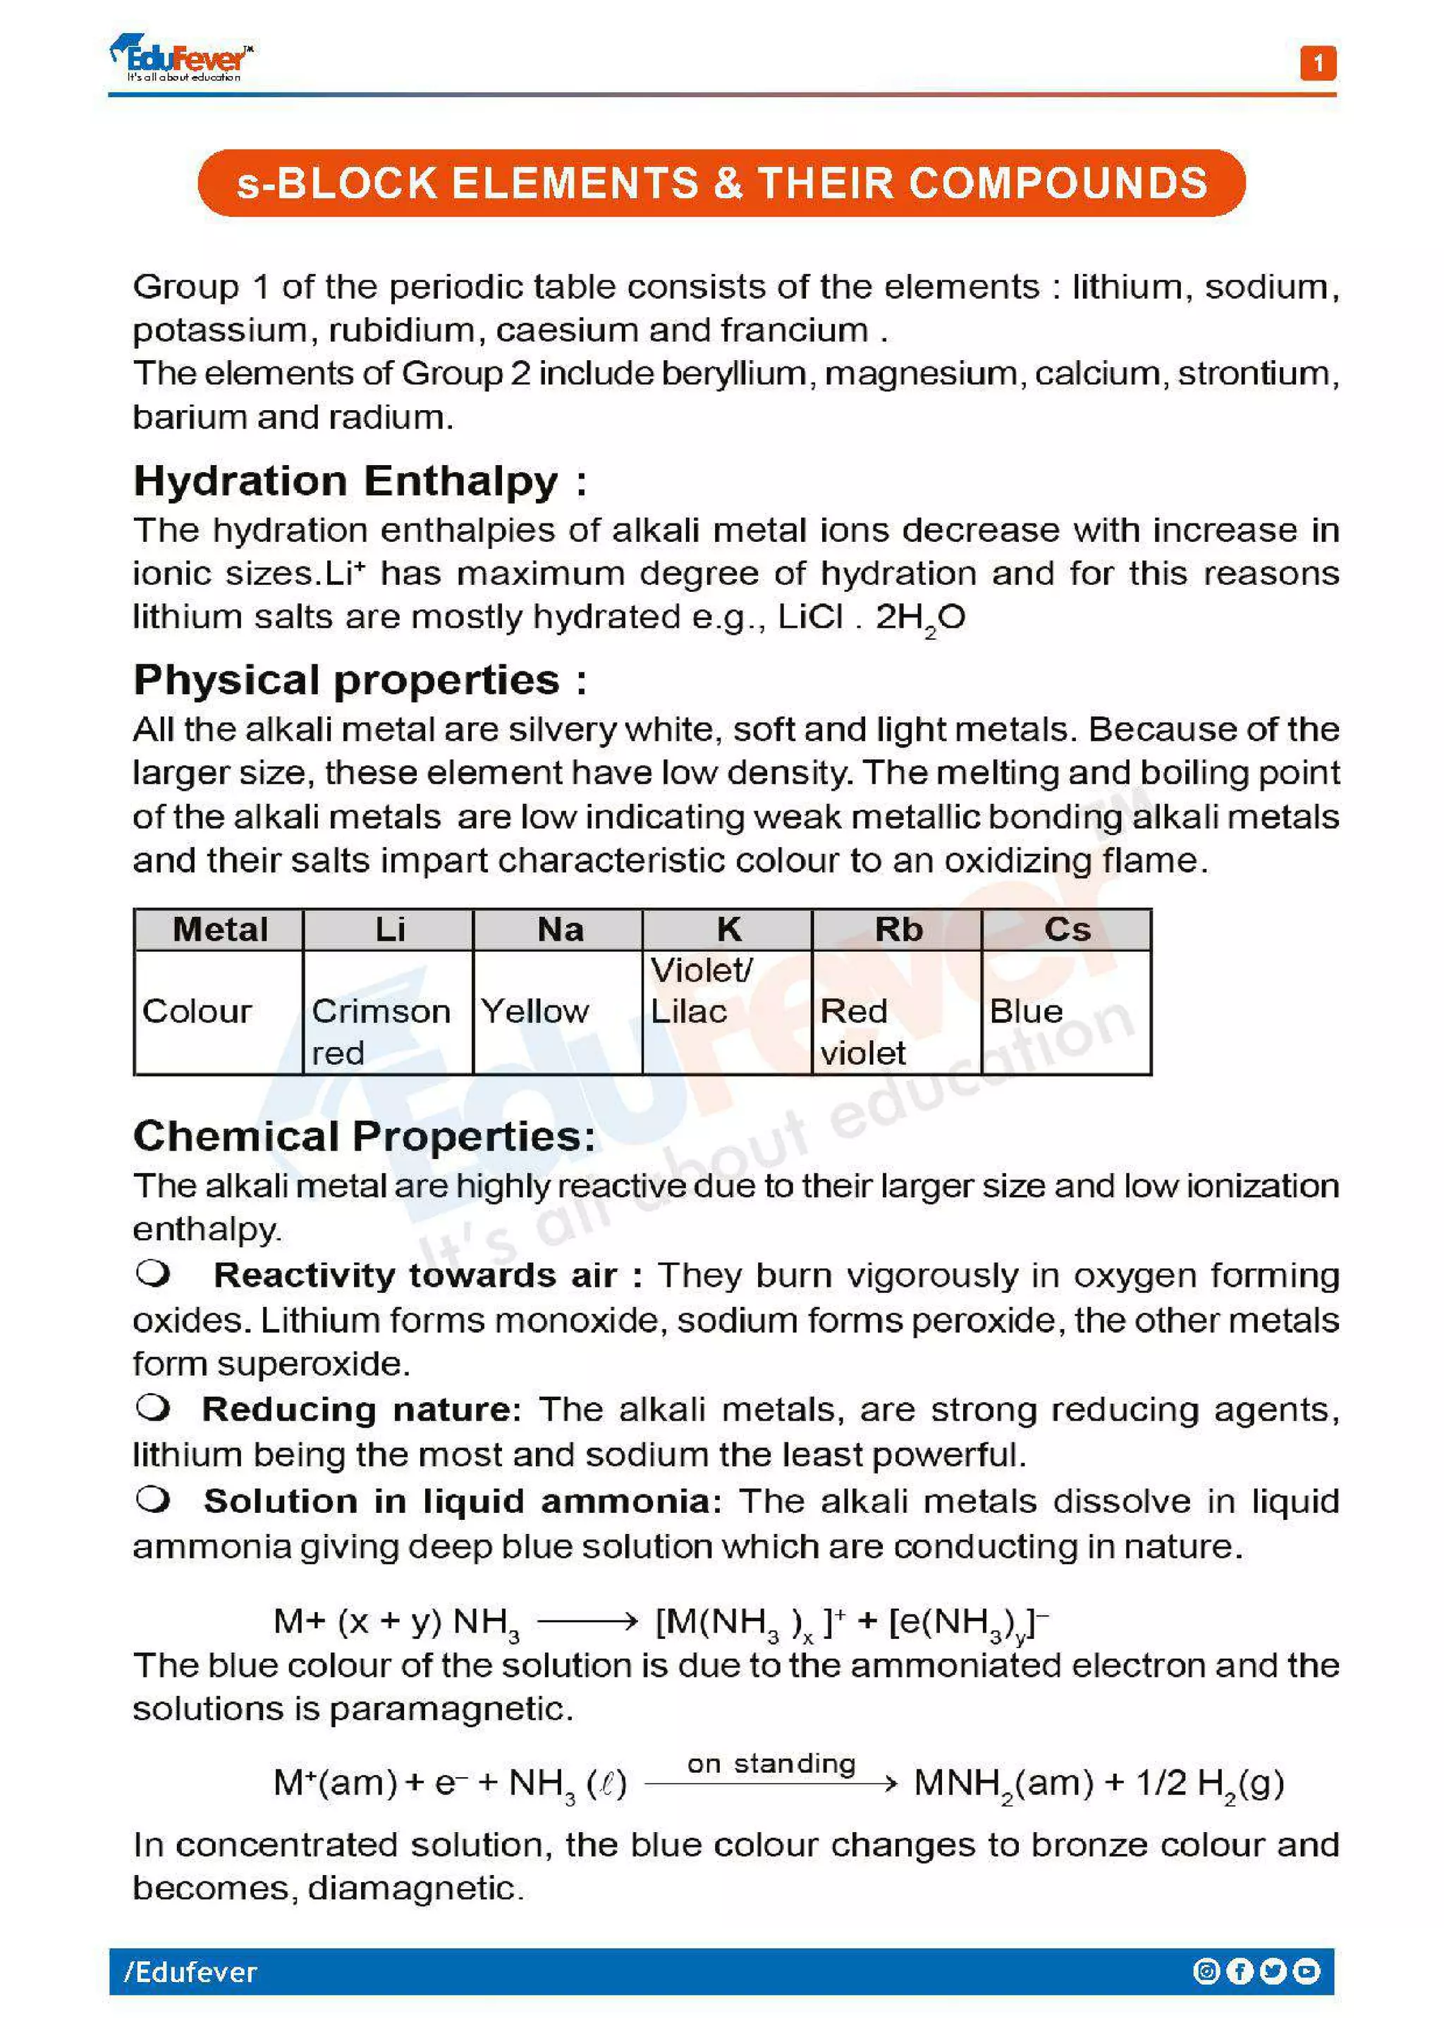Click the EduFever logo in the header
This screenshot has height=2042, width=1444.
(x=183, y=58)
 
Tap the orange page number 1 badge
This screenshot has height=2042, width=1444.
(x=1318, y=63)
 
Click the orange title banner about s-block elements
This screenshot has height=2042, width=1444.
(x=721, y=182)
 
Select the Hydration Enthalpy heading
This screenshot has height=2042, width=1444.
(x=360, y=481)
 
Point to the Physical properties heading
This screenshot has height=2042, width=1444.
(x=360, y=681)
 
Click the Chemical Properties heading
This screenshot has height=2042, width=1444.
(x=364, y=1136)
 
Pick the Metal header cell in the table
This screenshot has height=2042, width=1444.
(x=219, y=929)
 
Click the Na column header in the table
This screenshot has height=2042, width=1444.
(x=560, y=929)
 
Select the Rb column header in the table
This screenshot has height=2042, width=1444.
(x=898, y=929)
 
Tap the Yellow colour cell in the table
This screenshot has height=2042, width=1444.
(x=534, y=1011)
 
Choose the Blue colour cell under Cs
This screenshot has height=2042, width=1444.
(x=1026, y=1011)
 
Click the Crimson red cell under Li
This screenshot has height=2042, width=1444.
(x=381, y=1032)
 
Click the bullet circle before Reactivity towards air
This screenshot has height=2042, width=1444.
(x=153, y=1273)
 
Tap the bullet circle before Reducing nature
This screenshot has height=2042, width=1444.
(x=153, y=1407)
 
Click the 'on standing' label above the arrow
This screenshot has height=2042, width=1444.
(x=771, y=1763)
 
